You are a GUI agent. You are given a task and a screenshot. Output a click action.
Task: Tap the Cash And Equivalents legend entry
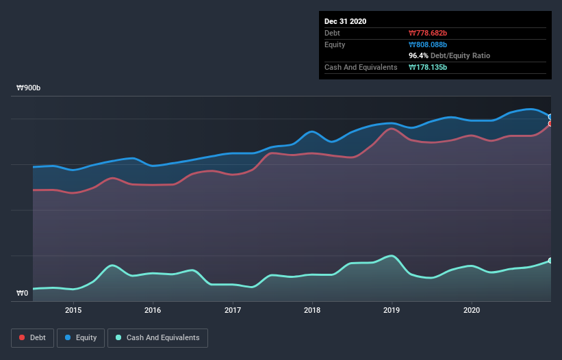click(157, 337)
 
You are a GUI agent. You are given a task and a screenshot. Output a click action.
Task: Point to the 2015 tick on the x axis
click(73, 310)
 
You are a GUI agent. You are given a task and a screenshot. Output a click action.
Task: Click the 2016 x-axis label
click(153, 310)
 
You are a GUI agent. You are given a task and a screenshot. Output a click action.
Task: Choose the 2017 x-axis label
click(233, 310)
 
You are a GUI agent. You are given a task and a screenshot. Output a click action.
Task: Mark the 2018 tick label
click(312, 310)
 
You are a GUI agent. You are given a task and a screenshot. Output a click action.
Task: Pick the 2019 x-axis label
click(392, 310)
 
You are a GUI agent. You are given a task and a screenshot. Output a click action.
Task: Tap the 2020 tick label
click(472, 310)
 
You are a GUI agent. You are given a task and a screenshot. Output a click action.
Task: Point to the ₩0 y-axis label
click(23, 294)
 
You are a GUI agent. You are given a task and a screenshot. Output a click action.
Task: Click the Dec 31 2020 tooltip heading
click(345, 21)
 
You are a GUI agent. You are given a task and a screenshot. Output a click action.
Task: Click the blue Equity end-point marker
click(550, 117)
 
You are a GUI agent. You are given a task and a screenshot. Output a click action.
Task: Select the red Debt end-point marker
click(550, 124)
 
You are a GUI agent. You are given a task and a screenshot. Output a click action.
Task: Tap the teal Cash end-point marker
click(550, 261)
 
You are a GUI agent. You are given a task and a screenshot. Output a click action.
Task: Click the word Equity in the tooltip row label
click(335, 44)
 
